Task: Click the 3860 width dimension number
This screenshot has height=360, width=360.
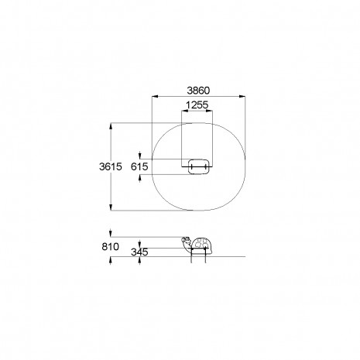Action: [x=198, y=91]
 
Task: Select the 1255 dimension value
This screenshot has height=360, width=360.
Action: [x=197, y=105]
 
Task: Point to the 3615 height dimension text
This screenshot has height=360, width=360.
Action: [x=111, y=166]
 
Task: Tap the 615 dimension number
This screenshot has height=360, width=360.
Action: [x=139, y=166]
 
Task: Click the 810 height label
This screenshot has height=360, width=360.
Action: [x=111, y=247]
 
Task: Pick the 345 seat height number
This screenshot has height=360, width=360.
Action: [x=139, y=252]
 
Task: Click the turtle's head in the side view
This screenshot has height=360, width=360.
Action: [x=187, y=242]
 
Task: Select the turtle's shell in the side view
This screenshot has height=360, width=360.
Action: [x=203, y=245]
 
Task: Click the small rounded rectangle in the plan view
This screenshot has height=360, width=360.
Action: [x=198, y=166]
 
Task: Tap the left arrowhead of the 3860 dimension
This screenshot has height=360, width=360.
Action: [x=155, y=97]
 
